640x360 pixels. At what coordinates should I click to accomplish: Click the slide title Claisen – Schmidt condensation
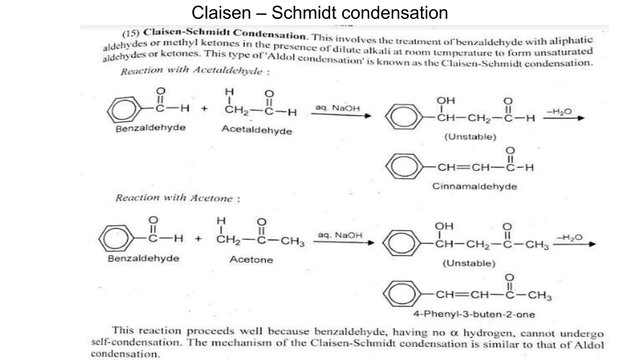[x=320, y=13]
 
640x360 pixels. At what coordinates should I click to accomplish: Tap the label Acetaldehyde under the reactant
[x=257, y=130]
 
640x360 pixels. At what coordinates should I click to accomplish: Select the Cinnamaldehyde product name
[x=474, y=186]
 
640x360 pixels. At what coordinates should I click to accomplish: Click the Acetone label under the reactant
[x=251, y=259]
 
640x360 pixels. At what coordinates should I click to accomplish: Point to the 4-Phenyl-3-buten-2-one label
[x=474, y=314]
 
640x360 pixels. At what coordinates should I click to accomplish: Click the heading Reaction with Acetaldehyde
[x=195, y=71]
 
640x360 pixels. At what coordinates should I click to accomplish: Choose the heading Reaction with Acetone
[x=177, y=198]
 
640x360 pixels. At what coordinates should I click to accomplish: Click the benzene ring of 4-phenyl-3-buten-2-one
[x=402, y=294]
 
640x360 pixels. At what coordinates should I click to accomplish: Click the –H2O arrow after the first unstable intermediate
[x=563, y=118]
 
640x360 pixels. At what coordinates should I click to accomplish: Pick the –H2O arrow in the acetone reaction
[x=574, y=244]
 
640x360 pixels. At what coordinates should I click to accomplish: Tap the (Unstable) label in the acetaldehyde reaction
[x=470, y=137]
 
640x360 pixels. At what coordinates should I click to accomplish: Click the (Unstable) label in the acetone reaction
[x=469, y=263]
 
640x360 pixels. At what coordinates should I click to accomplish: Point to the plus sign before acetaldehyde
[x=204, y=109]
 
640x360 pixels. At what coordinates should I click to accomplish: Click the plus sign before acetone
[x=198, y=239]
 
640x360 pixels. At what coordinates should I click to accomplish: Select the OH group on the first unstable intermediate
[x=445, y=101]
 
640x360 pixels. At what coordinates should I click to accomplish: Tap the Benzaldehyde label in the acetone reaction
[x=143, y=258]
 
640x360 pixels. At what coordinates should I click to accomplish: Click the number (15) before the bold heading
[x=131, y=33]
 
